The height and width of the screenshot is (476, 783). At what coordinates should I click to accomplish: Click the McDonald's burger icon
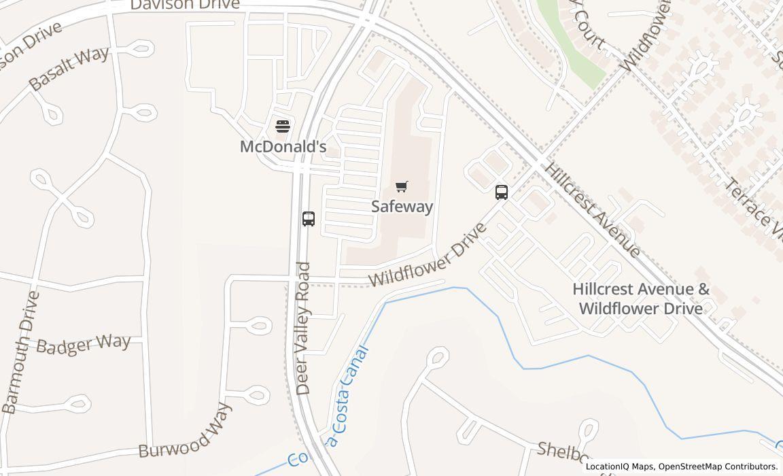pos(283,126)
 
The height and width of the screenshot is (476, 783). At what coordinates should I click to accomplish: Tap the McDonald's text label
pos(283,146)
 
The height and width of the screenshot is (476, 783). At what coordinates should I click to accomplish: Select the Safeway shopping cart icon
pos(402,186)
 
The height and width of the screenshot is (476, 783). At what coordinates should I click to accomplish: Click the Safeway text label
pos(402,206)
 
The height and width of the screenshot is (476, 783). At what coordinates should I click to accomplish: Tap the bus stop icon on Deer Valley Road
pos(309,219)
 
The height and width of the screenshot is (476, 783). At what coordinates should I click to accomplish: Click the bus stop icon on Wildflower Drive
pos(502,192)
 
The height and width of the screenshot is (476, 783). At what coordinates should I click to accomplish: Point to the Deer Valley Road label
pos(303,328)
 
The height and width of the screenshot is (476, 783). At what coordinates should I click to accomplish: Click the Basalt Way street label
pos(69,69)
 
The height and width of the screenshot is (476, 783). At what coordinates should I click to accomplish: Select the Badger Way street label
pos(83,344)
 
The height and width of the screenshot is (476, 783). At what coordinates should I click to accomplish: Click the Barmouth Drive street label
pos(20,352)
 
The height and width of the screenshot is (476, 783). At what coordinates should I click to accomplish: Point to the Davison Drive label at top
pos(185,5)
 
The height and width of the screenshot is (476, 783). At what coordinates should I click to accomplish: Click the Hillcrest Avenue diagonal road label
pos(592,210)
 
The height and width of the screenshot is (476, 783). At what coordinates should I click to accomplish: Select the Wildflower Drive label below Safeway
pos(428,254)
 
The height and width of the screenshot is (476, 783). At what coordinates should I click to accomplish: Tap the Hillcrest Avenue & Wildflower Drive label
pos(640,299)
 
